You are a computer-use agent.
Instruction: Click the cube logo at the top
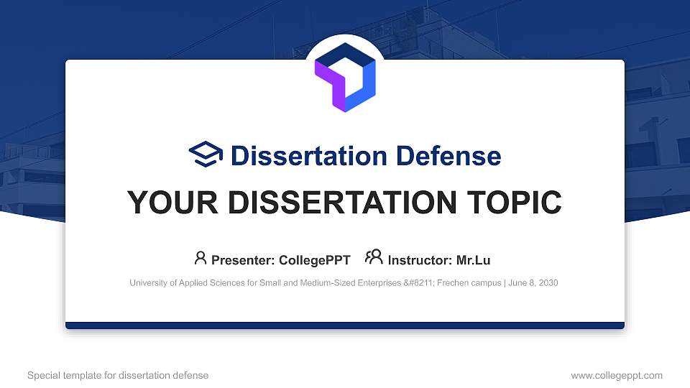click(345, 77)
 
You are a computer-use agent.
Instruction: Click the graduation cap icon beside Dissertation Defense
click(206, 154)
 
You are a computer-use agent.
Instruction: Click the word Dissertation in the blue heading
click(309, 156)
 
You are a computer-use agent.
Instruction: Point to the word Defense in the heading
click(448, 156)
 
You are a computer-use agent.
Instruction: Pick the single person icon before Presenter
click(201, 258)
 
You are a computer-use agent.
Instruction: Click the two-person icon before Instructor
click(374, 257)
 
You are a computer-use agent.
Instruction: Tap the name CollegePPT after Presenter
click(315, 260)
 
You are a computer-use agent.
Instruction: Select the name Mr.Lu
click(473, 260)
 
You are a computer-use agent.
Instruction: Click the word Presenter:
click(243, 260)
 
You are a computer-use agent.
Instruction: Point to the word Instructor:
click(420, 260)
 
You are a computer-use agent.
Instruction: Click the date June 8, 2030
click(533, 283)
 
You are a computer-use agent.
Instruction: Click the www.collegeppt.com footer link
click(617, 376)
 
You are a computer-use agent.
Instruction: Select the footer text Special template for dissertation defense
click(118, 376)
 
